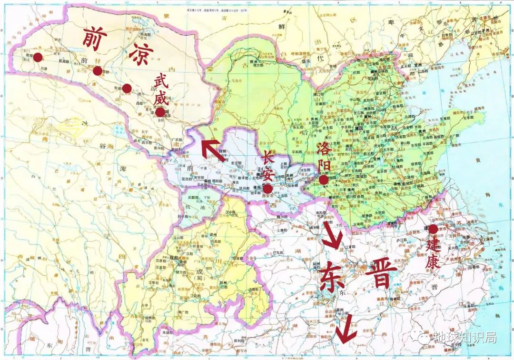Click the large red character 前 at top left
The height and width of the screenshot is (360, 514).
[94, 37]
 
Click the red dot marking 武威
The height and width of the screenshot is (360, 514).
[160, 112]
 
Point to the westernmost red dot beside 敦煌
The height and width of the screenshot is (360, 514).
[38, 57]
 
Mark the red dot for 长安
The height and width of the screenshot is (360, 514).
[267, 189]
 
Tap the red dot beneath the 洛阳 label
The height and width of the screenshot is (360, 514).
[324, 180]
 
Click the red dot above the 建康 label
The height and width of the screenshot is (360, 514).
[433, 229]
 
